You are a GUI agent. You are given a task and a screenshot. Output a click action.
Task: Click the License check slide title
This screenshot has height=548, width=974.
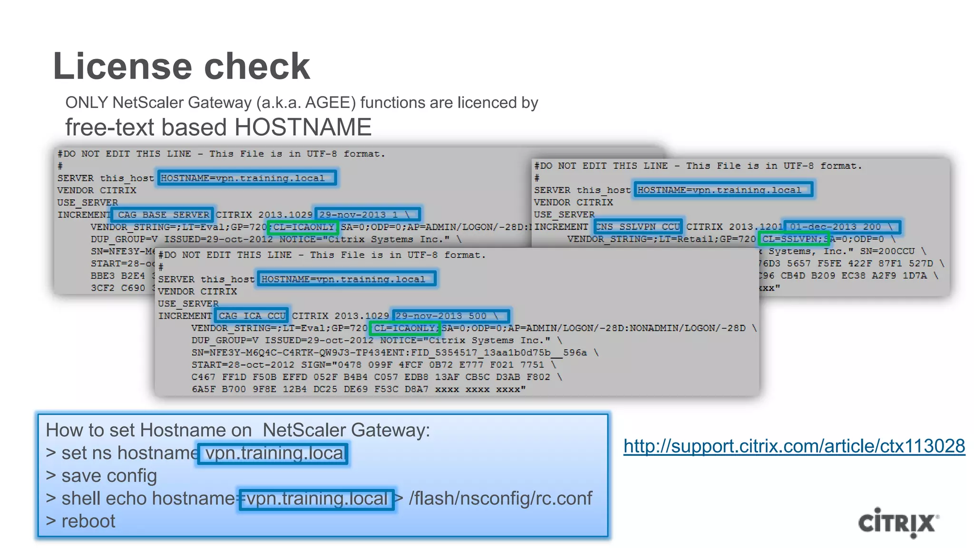pyautogui.click(x=181, y=66)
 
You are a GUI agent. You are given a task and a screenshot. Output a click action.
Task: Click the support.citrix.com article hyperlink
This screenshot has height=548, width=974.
pyautogui.click(x=794, y=446)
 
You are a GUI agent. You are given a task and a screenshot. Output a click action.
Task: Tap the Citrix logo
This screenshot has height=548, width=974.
pyautogui.click(x=898, y=523)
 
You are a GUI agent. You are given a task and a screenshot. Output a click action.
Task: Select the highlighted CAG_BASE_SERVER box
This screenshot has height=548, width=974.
pyautogui.click(x=163, y=215)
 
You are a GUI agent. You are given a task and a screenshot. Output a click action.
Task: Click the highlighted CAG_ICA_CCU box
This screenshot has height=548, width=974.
pyautogui.click(x=252, y=316)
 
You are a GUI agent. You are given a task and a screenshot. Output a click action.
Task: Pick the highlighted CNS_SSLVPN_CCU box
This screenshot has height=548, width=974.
pyautogui.click(x=638, y=227)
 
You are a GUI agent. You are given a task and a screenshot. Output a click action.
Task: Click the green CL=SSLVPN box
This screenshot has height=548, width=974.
pyautogui.click(x=793, y=239)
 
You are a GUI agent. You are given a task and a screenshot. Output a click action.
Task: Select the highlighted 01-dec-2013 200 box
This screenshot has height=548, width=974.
pyautogui.click(x=841, y=227)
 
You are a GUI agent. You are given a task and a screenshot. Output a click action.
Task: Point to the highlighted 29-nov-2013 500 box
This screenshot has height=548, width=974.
pyautogui.click(x=450, y=316)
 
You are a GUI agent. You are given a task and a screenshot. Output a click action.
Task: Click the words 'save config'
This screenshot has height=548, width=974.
pyautogui.click(x=109, y=476)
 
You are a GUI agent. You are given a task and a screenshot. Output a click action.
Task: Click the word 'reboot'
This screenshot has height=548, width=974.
pyautogui.click(x=88, y=521)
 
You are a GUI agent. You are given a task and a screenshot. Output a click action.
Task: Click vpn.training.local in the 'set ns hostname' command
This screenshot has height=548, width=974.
pyautogui.click(x=273, y=453)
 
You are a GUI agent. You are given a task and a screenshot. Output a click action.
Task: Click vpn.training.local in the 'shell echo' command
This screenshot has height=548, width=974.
pyautogui.click(x=317, y=499)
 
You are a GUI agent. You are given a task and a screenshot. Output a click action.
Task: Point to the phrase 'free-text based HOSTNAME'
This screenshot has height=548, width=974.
pyautogui.click(x=218, y=127)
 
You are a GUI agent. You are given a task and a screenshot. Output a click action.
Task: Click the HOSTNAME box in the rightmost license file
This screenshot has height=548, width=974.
pyautogui.click(x=722, y=190)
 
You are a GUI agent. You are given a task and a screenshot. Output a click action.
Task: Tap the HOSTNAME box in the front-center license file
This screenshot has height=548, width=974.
pyautogui.click(x=346, y=279)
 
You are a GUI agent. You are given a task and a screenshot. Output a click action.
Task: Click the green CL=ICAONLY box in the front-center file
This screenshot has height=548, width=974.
pyautogui.click(x=405, y=328)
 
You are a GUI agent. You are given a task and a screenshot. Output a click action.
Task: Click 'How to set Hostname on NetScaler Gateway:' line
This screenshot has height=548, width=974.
pyautogui.click(x=238, y=430)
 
